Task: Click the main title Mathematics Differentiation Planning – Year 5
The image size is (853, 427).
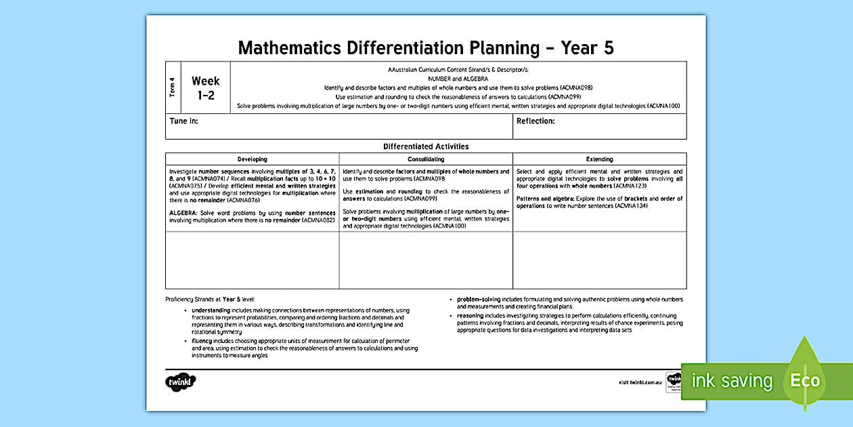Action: pyautogui.click(x=426, y=47)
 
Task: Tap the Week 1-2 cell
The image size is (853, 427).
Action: pyautogui.click(x=206, y=88)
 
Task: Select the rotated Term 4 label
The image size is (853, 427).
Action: pyautogui.click(x=173, y=87)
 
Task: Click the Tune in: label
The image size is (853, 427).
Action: pyautogui.click(x=183, y=121)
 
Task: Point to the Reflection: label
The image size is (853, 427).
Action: pyautogui.click(x=535, y=121)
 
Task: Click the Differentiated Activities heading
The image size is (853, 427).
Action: pyautogui.click(x=426, y=146)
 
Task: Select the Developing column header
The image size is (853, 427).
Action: pyautogui.click(x=252, y=159)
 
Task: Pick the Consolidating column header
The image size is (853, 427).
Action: pyautogui.click(x=426, y=159)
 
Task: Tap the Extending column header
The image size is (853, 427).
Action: pyautogui.click(x=599, y=159)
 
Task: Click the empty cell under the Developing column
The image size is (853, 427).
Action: pyautogui.click(x=252, y=260)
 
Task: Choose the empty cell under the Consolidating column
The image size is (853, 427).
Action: pyautogui.click(x=426, y=260)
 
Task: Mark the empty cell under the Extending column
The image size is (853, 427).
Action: pyautogui.click(x=599, y=260)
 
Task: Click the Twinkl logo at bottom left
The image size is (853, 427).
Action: pyautogui.click(x=181, y=382)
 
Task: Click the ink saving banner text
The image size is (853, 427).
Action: pyautogui.click(x=731, y=381)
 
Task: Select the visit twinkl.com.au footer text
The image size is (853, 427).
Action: pyautogui.click(x=640, y=382)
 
